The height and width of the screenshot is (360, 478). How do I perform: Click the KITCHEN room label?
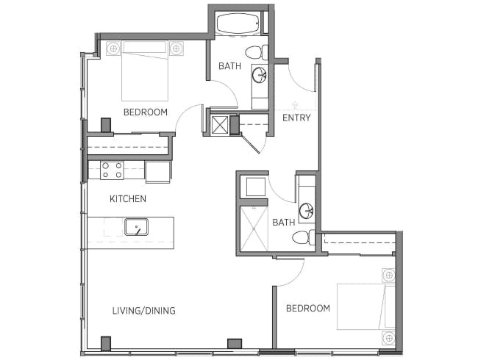[x=128, y=198]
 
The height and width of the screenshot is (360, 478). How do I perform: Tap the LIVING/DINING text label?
[x=143, y=311]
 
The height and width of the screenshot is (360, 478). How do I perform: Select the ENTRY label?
[x=296, y=118]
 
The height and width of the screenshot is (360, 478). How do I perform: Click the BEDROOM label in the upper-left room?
[x=145, y=112]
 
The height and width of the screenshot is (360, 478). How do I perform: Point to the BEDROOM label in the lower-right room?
[x=308, y=309]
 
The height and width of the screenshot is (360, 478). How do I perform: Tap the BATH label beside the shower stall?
[x=283, y=222]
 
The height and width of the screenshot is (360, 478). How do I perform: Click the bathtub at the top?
[x=238, y=24]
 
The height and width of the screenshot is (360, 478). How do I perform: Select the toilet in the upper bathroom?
[x=254, y=52]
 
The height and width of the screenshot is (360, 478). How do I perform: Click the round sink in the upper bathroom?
[x=260, y=74]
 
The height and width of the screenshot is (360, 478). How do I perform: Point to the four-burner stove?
[x=112, y=170]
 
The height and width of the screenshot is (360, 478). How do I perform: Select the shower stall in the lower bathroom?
[x=254, y=228]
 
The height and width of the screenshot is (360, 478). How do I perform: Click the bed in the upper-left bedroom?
[x=145, y=71]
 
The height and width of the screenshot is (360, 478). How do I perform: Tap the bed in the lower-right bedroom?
[x=360, y=306]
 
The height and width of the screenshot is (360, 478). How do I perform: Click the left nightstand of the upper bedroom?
[x=113, y=49]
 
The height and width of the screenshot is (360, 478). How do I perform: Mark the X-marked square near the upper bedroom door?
[x=219, y=124]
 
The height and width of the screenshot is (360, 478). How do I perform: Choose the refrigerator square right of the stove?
[x=157, y=171]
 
